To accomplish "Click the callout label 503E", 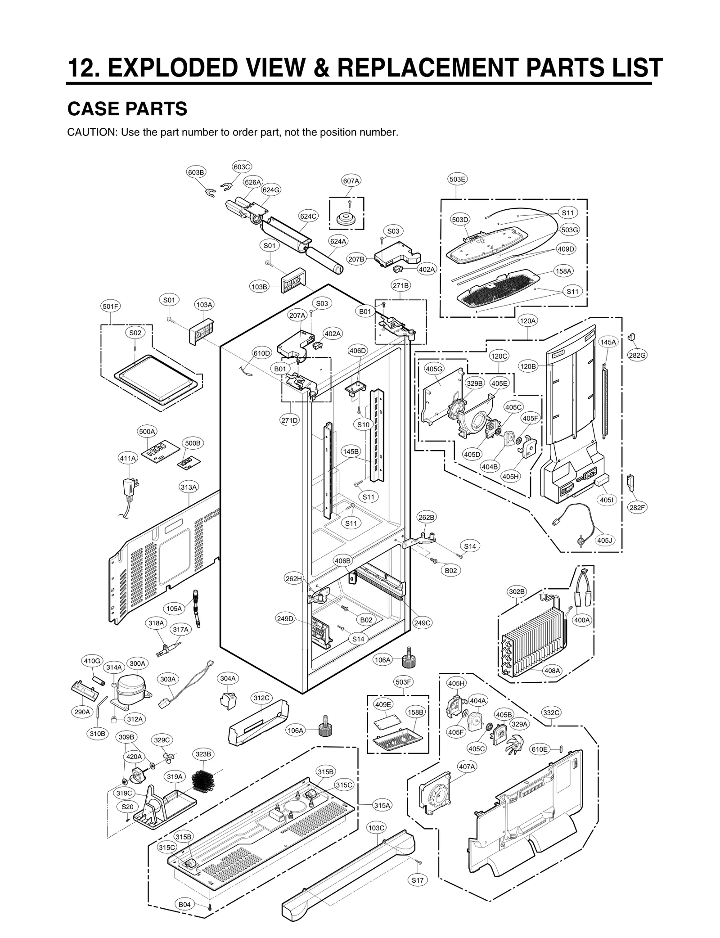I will tap(457, 179).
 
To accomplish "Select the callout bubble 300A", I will tap(137, 663).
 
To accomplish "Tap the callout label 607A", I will tap(351, 181).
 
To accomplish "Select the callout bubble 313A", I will tap(189, 487).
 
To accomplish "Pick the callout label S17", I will tap(417, 880).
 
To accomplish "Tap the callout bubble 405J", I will tap(605, 540).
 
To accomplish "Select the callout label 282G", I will tap(637, 355).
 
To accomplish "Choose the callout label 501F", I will tap(110, 307).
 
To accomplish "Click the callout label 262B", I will tap(426, 518).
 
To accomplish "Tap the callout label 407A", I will tap(467, 767).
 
